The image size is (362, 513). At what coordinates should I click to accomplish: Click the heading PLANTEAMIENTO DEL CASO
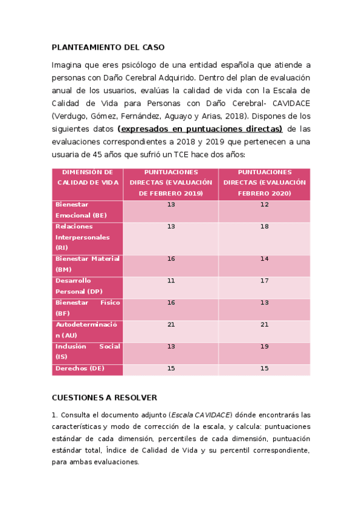click(108, 47)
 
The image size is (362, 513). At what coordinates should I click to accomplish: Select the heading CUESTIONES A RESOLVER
click(104, 397)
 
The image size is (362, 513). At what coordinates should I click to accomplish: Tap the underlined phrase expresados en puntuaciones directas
click(200, 129)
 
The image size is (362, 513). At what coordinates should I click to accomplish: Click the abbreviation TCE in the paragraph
click(181, 155)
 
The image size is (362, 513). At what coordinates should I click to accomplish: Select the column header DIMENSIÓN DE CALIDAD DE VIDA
click(88, 177)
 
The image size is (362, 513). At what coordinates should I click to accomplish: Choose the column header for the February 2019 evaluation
click(170, 183)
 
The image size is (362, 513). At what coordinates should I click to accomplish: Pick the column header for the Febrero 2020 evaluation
click(264, 183)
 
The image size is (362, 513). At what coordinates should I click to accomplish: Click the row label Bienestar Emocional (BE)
click(81, 210)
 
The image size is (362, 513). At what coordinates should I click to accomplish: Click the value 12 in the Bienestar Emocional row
click(264, 204)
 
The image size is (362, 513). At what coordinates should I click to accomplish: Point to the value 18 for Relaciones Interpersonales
click(264, 226)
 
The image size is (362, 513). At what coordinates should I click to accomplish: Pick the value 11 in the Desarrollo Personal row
click(170, 281)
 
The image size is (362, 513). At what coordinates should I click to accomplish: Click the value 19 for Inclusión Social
click(264, 347)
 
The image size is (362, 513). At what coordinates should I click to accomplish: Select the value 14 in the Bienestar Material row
click(264, 258)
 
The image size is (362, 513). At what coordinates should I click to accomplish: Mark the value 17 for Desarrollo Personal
click(264, 281)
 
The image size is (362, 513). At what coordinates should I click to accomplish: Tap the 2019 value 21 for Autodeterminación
click(170, 325)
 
